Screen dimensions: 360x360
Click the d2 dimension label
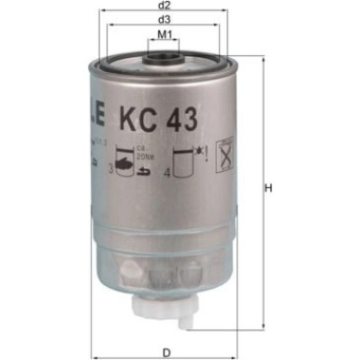tap(165, 6)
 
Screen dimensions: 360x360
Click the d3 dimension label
tap(165, 19)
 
